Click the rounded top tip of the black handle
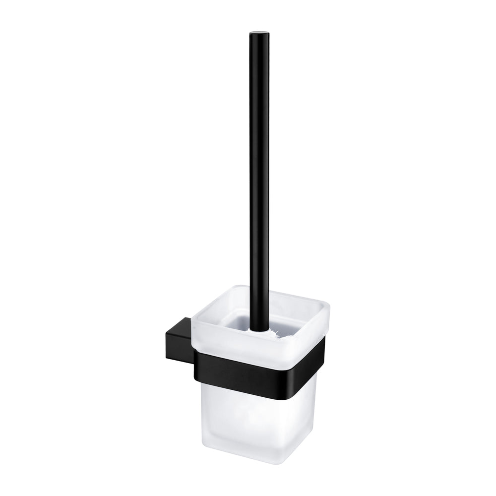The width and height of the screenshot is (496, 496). coord(257,34)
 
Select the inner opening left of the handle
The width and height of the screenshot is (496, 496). coord(233,317)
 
